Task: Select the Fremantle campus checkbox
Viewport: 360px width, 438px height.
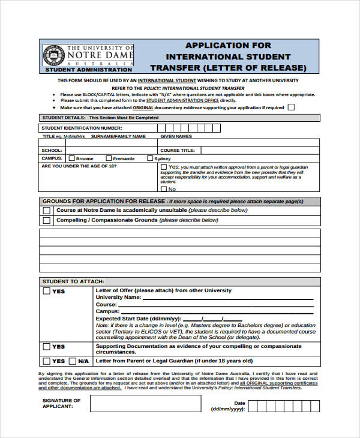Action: click(106, 158)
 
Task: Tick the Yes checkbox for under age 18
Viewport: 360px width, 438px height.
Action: click(164, 167)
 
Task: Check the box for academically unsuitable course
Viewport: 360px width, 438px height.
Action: click(46, 211)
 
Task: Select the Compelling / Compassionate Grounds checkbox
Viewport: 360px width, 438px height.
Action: click(46, 220)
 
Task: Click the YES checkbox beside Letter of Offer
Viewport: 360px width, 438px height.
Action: click(46, 292)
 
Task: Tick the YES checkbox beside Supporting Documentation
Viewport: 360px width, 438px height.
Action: click(46, 347)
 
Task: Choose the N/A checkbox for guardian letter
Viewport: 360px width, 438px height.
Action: click(73, 361)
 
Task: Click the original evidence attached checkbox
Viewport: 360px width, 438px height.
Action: click(292, 107)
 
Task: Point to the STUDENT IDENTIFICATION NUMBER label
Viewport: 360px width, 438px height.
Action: click(82, 128)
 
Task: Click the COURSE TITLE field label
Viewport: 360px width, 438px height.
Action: click(178, 151)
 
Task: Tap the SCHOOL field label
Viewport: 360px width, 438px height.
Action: click(52, 151)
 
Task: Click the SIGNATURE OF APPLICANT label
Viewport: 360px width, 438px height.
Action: click(61, 403)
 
